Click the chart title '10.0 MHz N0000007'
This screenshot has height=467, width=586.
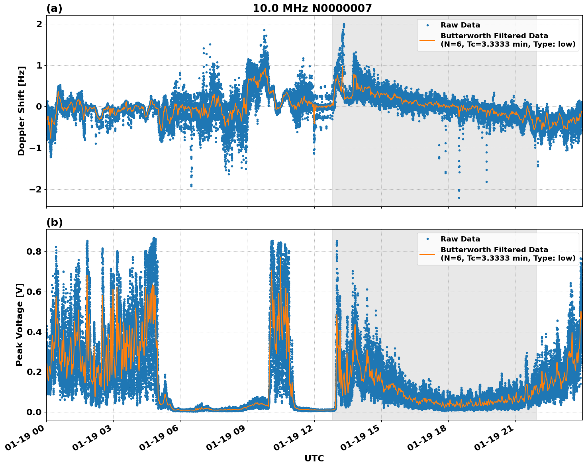click(312, 8)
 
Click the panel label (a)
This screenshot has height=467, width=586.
click(54, 8)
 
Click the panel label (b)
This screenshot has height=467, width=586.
click(54, 222)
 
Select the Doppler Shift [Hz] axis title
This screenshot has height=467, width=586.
click(22, 111)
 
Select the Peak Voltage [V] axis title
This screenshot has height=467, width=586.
click(20, 324)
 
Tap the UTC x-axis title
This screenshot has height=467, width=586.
click(314, 458)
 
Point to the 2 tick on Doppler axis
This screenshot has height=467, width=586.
click(39, 24)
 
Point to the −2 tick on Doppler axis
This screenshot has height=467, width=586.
click(36, 189)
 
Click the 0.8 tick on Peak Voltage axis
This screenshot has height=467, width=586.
click(34, 251)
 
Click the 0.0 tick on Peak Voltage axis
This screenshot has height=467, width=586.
click(34, 412)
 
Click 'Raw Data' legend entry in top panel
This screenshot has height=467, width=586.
click(460, 25)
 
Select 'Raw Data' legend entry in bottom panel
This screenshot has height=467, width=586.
click(460, 239)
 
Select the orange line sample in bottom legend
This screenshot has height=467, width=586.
click(427, 254)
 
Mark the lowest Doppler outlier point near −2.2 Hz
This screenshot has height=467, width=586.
click(459, 198)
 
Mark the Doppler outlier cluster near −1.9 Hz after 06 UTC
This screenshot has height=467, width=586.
click(191, 185)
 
